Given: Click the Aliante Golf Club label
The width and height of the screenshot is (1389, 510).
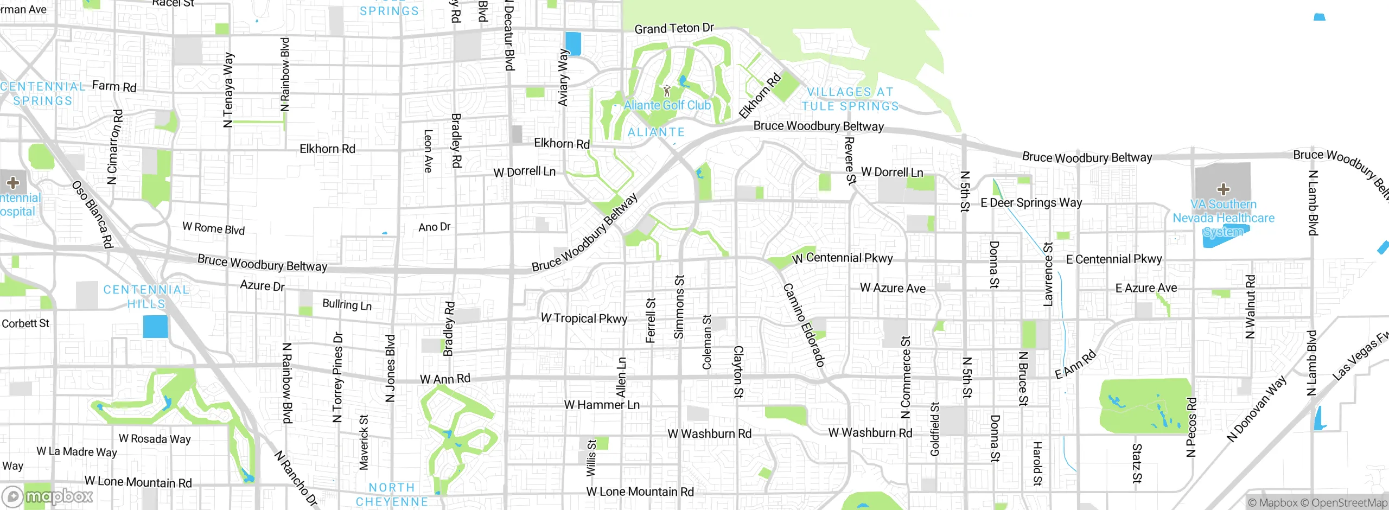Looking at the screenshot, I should (667, 105).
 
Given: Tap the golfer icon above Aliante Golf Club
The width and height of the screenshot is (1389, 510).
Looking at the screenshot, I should (667, 91).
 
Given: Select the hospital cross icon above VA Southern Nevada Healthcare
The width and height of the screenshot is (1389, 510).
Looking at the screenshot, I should (1223, 189).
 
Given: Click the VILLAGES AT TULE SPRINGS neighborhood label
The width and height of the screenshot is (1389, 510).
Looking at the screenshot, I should (850, 99).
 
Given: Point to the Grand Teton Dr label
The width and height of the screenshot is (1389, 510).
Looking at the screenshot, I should (674, 28).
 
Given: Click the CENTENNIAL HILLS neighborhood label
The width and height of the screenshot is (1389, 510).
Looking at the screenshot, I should (146, 297).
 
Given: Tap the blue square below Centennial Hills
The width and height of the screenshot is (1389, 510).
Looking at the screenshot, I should (156, 327).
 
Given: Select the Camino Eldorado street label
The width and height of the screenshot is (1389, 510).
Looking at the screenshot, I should (804, 325).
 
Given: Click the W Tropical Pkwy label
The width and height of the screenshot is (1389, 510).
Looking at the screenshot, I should (584, 318).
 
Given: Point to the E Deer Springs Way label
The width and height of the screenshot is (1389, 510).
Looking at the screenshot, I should (1031, 203).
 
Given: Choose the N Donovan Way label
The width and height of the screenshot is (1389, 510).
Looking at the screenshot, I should (1256, 409).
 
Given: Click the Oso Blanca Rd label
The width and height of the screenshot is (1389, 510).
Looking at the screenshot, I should (92, 214).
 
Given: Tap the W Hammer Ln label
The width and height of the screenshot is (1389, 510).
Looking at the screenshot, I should (602, 405).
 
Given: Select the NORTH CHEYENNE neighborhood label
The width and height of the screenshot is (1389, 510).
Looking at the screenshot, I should (392, 495).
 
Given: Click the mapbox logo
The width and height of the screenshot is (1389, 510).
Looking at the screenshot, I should (48, 496).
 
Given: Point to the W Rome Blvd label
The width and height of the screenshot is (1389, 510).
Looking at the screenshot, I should (213, 228).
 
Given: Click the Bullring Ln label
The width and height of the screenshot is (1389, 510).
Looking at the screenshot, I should (347, 305).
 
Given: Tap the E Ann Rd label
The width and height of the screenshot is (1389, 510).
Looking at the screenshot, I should (1075, 365).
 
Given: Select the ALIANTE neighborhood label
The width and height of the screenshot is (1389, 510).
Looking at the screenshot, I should (656, 132).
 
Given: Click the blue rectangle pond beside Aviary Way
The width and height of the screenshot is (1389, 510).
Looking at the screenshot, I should (573, 43).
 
